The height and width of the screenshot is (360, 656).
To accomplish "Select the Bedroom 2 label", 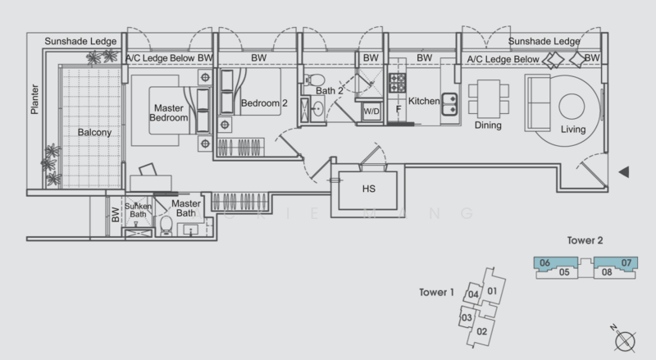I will click(x=262, y=103).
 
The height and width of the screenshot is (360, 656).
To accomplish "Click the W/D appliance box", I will click(x=371, y=111).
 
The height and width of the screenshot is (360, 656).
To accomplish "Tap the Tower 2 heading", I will click(x=585, y=243).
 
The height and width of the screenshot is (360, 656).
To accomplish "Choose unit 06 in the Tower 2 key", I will click(x=544, y=263).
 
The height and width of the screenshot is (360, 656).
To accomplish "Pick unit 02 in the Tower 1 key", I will click(x=482, y=330).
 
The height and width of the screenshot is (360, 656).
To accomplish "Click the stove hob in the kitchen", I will click(x=398, y=83).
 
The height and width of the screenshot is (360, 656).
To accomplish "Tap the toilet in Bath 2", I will click(x=311, y=80).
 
